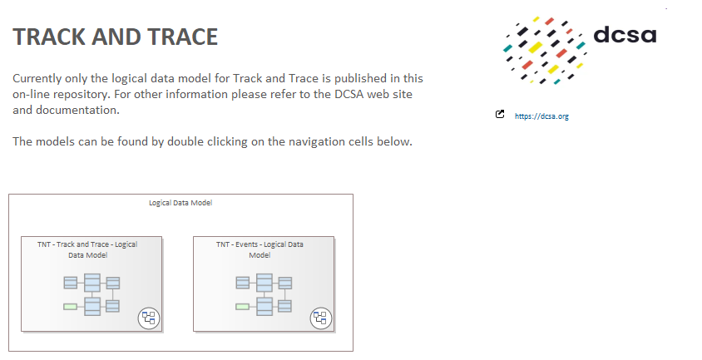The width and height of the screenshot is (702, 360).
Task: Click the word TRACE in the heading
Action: [183, 37]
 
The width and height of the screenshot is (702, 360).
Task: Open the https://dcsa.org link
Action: [541, 116]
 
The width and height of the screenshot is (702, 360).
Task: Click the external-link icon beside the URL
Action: [500, 114]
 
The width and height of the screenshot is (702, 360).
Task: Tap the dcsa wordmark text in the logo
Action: [625, 34]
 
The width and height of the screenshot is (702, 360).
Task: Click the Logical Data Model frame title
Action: [180, 203]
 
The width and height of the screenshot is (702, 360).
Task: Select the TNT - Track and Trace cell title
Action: [88, 250]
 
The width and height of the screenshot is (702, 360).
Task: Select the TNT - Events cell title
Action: [260, 250]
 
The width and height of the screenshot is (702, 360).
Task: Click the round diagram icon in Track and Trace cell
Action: [149, 318]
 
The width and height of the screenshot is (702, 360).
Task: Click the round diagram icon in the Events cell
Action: [320, 318]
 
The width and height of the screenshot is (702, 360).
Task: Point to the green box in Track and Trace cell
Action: [71, 307]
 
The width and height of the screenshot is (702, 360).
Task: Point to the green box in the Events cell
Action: [242, 307]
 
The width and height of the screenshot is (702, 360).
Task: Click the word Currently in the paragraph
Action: [37, 79]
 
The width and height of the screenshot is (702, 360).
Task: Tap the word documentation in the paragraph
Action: [77, 110]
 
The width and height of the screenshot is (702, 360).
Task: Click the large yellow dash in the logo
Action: [536, 47]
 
